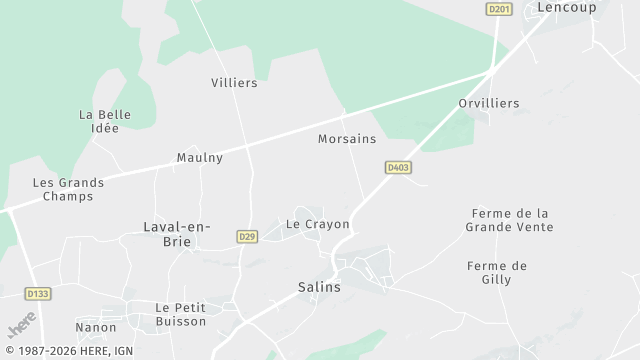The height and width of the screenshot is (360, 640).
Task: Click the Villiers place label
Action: coord(234,83)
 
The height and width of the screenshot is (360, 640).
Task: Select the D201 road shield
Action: coord(498,9)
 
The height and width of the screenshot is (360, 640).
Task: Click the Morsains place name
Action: coord(347,138)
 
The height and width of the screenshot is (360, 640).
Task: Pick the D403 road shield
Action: coord(398,167)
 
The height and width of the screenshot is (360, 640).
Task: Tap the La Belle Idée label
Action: coord(105,121)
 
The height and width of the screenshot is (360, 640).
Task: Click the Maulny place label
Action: coord(200,158)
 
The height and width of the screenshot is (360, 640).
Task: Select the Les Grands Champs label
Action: coord(63,190)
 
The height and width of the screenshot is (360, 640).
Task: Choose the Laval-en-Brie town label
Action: coord(177,234)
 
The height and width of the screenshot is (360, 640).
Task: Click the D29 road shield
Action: coord(247,236)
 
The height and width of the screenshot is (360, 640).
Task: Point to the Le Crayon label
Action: coord(318,224)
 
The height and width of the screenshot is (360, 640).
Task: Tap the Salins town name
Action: coord(319,287)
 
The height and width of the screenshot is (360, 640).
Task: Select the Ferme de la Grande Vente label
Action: coord(509,220)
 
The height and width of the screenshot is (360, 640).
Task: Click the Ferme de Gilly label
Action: coord(497,272)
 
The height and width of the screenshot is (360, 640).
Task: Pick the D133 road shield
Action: coord(37,294)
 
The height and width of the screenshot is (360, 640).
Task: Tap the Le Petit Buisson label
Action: coord(180,314)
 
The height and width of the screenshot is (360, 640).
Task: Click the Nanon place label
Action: coord(96,327)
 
